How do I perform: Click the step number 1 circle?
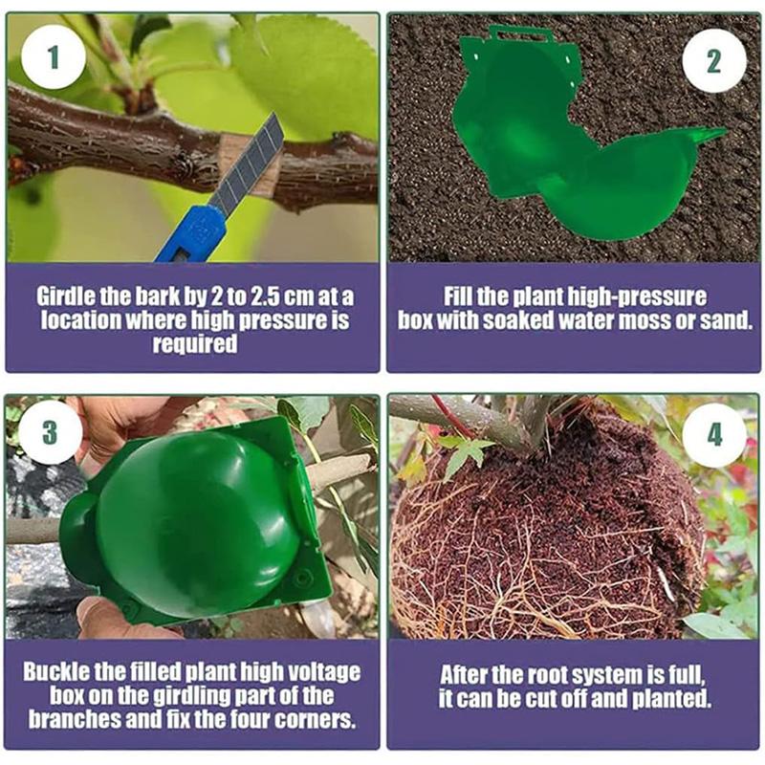pos(53,56)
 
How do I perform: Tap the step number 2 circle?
pos(713,60)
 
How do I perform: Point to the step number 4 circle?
pos(713,435)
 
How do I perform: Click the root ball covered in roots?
pos(545,545)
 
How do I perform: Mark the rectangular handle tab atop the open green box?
pos(521,35)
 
